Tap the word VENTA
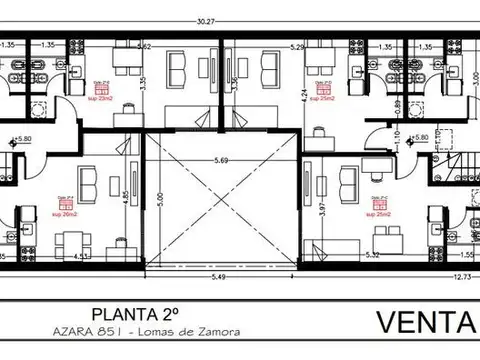coord(426,323)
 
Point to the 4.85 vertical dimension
coord(124,197)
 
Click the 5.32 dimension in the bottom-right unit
coord(373,256)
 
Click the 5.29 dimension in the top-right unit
coord(298,47)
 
